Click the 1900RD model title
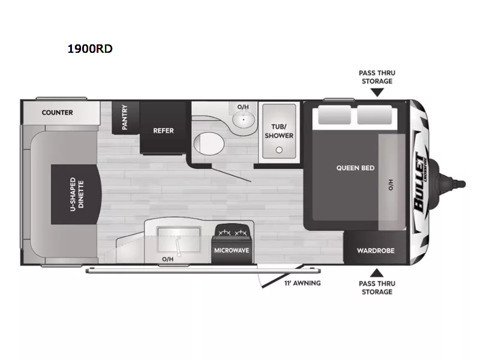(89, 49)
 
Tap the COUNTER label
(58, 112)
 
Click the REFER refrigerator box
(163, 130)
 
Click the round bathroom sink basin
(242, 118)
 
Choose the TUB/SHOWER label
(279, 131)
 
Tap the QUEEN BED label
(355, 168)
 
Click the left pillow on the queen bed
(334, 115)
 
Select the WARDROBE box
(376, 250)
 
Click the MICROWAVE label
(231, 251)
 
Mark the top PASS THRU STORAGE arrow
(376, 92)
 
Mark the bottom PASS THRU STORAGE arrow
(376, 271)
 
